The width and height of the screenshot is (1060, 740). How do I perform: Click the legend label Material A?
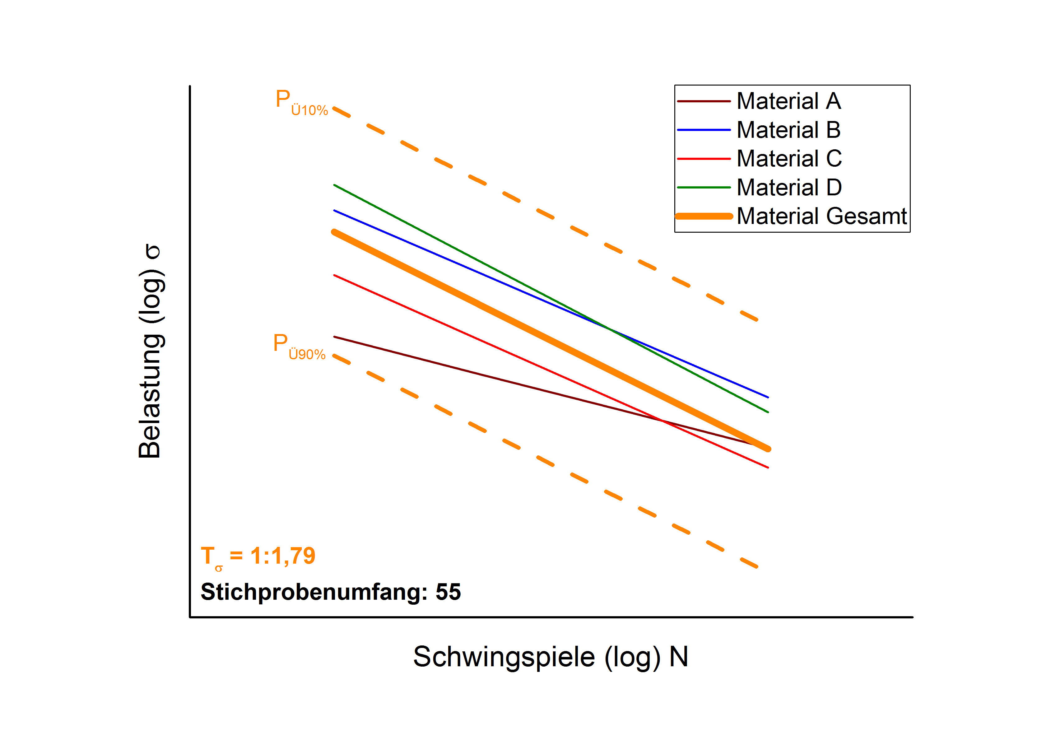pos(788,101)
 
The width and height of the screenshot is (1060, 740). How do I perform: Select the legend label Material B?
pos(788,130)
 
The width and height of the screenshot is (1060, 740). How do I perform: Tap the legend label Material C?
pos(789,159)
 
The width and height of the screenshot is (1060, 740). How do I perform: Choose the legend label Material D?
pos(789,188)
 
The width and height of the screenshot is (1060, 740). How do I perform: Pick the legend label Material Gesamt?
pos(821,216)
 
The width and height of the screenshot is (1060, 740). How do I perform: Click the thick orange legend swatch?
pos(704,216)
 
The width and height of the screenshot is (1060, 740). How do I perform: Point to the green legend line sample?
pos(704,188)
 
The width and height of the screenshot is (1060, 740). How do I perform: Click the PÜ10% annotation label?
pos(301,102)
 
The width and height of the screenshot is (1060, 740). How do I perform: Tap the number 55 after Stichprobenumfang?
pos(448,592)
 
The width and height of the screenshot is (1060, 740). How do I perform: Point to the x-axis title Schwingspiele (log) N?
pos(550,657)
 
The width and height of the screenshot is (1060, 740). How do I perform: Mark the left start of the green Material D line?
pos(334,185)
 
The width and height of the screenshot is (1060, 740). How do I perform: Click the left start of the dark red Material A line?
pos(334,337)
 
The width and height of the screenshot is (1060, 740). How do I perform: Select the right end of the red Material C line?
pos(768,468)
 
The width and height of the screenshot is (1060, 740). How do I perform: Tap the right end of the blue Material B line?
pos(768,397)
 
